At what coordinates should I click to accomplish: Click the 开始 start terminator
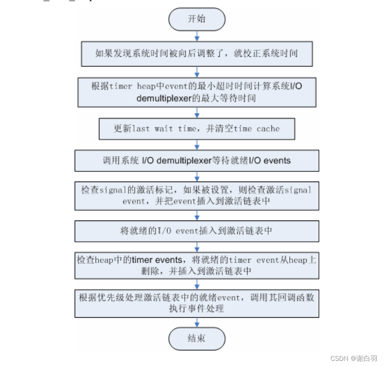[197, 19]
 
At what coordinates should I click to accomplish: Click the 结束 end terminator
[197, 338]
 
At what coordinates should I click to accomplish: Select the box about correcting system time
[197, 53]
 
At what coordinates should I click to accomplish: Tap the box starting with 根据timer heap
[197, 92]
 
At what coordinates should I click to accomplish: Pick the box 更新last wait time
[197, 129]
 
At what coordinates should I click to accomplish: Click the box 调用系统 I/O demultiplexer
[197, 161]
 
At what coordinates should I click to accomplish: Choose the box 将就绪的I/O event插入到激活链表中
[197, 231]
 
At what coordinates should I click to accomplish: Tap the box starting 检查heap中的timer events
[197, 266]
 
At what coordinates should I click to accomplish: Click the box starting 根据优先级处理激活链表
[197, 303]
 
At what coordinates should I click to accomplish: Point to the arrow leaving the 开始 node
[197, 35]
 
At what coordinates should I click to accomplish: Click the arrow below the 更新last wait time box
[197, 145]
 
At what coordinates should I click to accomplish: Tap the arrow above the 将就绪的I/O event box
[197, 215]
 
